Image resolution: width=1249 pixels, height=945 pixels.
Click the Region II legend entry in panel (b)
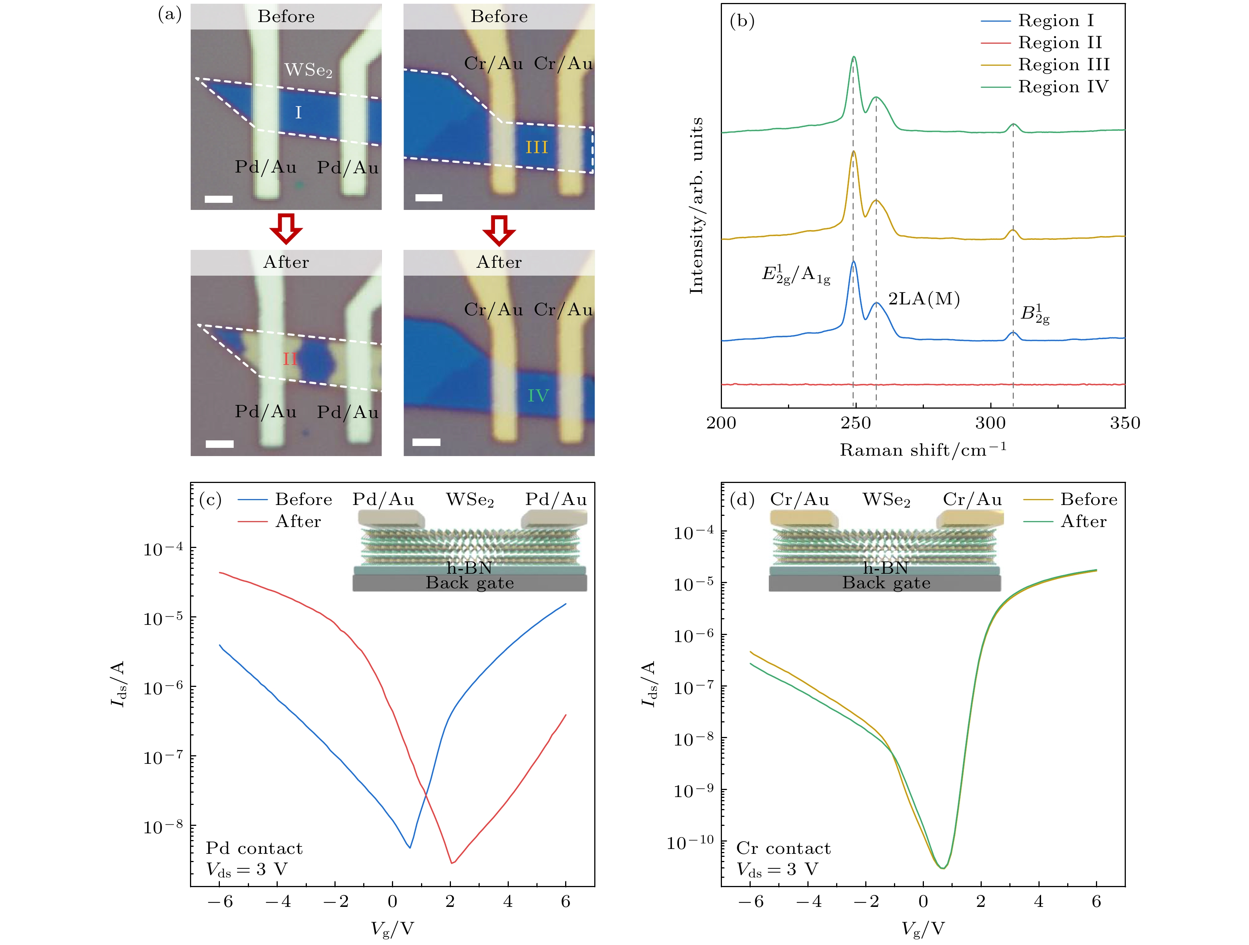[x=1059, y=42]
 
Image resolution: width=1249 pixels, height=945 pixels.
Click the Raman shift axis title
[x=923, y=450]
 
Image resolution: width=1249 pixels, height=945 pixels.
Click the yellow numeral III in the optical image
[x=536, y=148]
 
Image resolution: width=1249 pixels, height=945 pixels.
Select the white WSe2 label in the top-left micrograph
[x=308, y=70]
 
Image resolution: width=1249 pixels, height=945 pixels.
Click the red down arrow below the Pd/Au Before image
[x=286, y=229]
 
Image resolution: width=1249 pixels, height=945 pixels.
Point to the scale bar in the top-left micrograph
[x=218, y=199]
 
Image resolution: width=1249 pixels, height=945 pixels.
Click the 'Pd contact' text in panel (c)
[x=254, y=848]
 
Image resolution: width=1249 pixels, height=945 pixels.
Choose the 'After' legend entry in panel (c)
[x=298, y=521]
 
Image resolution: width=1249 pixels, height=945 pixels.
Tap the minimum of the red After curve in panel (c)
[x=452, y=863]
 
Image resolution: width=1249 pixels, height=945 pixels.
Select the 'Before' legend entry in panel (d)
[x=1088, y=499]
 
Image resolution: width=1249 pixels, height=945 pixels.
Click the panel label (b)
[x=742, y=21]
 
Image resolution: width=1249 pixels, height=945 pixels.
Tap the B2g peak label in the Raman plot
[x=1034, y=315]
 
